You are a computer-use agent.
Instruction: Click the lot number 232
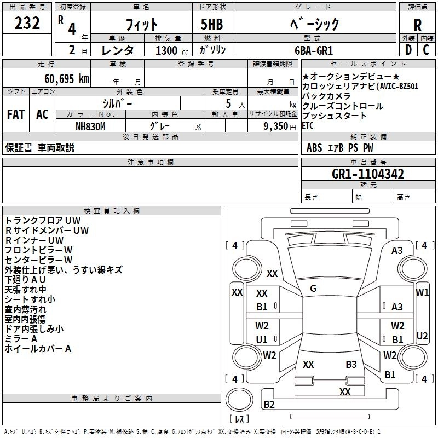pos(27,24)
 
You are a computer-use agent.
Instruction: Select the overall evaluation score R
pos(417,25)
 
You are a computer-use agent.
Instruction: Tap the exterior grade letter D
pos(407,49)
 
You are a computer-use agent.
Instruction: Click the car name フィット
pos(142,25)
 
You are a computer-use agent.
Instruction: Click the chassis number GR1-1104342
pos(368,174)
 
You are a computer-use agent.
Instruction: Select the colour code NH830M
pos(91,126)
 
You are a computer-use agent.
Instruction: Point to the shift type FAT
pos(15,114)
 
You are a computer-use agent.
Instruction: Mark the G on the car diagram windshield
pos(313,289)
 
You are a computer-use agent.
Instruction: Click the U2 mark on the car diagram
pos(422,336)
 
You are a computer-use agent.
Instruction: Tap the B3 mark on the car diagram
pos(351,364)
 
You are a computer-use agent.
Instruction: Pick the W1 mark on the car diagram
pos(422,292)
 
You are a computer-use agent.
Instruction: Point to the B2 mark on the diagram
pos(269,405)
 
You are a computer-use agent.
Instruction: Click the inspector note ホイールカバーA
pos(38,348)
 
